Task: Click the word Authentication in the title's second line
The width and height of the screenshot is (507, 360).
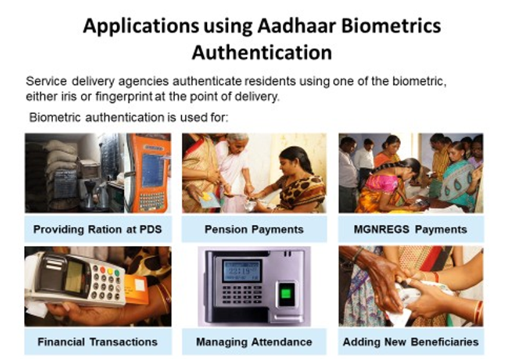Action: tap(262, 53)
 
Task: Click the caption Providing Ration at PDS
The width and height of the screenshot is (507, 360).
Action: tap(97, 229)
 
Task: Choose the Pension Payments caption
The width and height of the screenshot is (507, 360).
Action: tap(254, 229)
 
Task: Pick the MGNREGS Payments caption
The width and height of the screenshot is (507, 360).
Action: tap(410, 229)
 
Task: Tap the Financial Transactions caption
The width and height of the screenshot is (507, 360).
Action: tap(97, 342)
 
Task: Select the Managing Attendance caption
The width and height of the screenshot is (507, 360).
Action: tap(254, 342)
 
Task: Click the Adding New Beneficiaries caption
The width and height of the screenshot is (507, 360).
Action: tap(411, 342)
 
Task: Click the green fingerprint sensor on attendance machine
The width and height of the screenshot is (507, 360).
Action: tap(286, 294)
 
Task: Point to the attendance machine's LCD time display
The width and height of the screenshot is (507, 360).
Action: tap(242, 270)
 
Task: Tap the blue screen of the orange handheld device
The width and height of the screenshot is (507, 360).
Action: tap(152, 170)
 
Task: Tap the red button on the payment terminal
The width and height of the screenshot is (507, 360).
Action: tap(102, 270)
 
